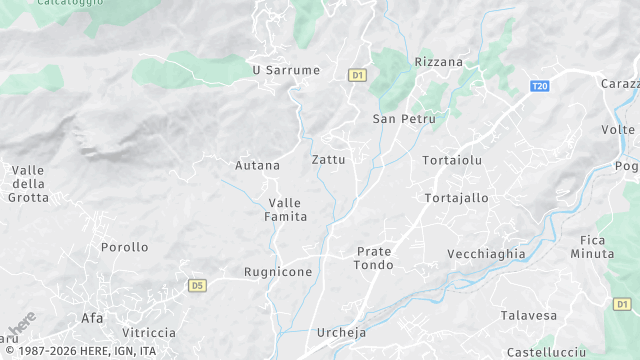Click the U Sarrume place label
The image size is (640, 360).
(286, 70)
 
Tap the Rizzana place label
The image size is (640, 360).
(439, 62)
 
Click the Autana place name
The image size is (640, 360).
(257, 165)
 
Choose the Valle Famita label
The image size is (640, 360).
(285, 209)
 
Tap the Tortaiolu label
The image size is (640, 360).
(452, 160)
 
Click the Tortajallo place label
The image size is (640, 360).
(456, 198)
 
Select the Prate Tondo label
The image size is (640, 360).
(374, 258)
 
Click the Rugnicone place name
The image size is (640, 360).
(278, 272)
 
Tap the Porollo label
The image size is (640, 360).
(124, 247)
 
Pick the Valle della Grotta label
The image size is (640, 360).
(28, 184)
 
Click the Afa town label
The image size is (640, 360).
(91, 319)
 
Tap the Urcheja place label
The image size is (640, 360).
(343, 333)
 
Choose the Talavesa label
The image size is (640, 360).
(528, 316)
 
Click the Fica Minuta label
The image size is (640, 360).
(597, 247)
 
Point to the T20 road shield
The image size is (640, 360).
(540, 86)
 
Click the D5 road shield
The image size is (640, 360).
(197, 286)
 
